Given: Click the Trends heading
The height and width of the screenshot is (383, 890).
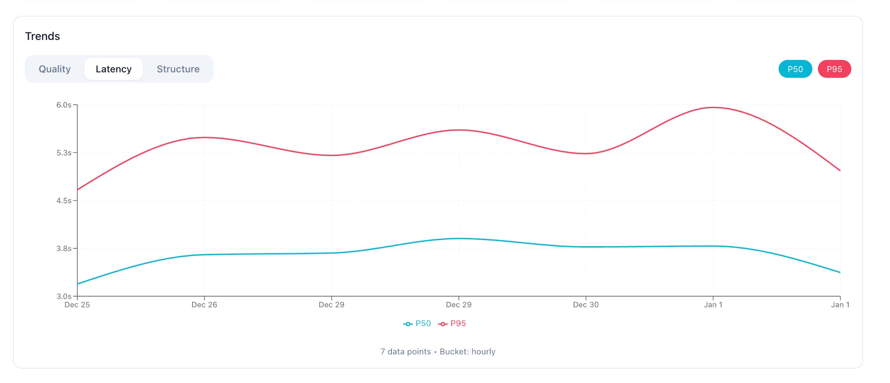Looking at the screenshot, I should (x=43, y=36).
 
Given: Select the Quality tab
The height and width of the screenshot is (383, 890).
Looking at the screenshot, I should (x=55, y=69).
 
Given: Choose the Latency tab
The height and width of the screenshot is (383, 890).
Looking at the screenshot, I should (x=113, y=69).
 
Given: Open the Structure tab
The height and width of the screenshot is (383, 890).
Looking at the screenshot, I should (x=178, y=69).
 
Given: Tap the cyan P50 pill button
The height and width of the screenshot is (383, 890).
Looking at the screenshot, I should (x=795, y=69).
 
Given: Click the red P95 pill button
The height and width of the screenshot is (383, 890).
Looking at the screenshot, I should (x=834, y=69).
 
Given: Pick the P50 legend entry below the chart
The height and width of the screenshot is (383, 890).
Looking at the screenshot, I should (x=418, y=324).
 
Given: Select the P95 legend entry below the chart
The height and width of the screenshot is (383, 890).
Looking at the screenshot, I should (x=453, y=324).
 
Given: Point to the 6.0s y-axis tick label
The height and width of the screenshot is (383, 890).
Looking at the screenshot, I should (x=64, y=105).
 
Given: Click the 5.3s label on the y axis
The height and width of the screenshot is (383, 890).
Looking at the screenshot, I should (x=64, y=153).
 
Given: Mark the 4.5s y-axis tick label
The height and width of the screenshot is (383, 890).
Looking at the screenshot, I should (x=64, y=201).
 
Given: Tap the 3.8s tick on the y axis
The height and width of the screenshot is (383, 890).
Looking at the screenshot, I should (x=64, y=248).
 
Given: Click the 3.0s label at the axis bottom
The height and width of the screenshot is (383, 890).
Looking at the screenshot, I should (x=64, y=296).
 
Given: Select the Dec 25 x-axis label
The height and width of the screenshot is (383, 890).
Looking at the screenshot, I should (x=77, y=305).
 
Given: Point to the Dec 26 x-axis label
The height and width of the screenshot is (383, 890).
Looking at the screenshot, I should (x=204, y=305).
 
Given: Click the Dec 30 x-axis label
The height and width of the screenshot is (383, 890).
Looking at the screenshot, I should (x=586, y=305).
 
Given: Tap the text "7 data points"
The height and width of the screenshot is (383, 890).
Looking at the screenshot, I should (x=405, y=352).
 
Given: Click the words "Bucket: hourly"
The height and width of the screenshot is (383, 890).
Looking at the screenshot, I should (x=468, y=352).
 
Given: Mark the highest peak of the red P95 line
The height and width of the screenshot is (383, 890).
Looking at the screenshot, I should (x=713, y=107).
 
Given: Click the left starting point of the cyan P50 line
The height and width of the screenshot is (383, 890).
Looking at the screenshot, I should (x=78, y=284).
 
